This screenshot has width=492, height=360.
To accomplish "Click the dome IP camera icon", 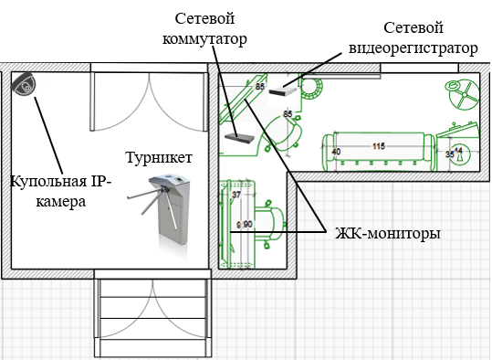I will (x=25, y=85).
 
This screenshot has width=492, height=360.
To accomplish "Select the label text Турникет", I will (x=159, y=157).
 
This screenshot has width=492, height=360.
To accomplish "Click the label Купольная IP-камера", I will (x=60, y=191).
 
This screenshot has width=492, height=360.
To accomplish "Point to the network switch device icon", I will (x=240, y=137).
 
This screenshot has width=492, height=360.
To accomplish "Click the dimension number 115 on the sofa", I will (x=379, y=146).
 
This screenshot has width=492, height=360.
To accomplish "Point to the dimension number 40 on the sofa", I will (x=336, y=152).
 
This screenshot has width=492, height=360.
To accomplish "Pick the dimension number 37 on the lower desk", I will (x=236, y=195).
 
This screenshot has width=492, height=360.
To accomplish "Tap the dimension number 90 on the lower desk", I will (x=247, y=224).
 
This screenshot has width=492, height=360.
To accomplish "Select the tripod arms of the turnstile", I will (x=141, y=196).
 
